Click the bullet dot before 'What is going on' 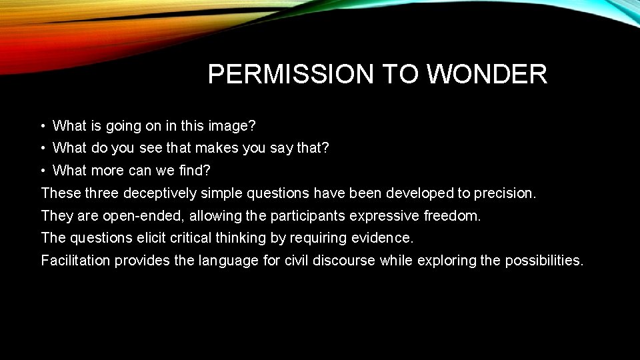pyautogui.click(x=42, y=126)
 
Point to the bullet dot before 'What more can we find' pyautogui.click(x=42, y=171)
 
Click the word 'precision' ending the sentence pyautogui.click(x=504, y=193)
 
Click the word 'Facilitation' pyautogui.click(x=75, y=261)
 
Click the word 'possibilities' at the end pyautogui.click(x=543, y=261)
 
